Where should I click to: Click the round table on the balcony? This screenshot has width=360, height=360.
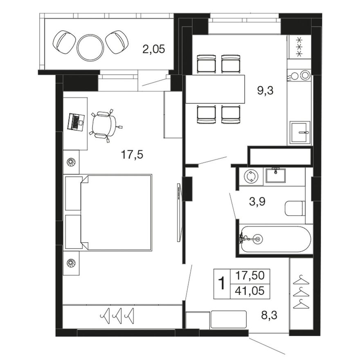pos(90,48)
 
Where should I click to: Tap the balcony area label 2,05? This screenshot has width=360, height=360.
pos(153,49)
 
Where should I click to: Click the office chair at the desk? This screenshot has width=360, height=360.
pos(105,125)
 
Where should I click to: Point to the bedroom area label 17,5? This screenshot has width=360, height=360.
pos(132,155)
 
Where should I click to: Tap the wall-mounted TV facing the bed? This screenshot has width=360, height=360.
pos(179,212)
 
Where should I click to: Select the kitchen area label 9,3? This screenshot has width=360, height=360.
pos(265,91)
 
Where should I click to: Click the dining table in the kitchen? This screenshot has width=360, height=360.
pos(215,89)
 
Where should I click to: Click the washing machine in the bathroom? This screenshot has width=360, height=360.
pos(251,177)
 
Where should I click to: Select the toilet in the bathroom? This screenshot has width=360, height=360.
pos(295,209)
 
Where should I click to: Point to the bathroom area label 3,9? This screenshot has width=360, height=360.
pos(257,202)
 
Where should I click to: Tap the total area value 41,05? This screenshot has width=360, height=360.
pos(250,291)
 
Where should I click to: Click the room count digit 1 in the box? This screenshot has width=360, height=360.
pos(222,283)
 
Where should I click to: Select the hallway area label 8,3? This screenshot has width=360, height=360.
pos(269,315)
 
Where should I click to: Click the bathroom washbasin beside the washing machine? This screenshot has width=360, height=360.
pos(276,175)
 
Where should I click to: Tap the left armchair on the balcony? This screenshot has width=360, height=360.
pos(64,43)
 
